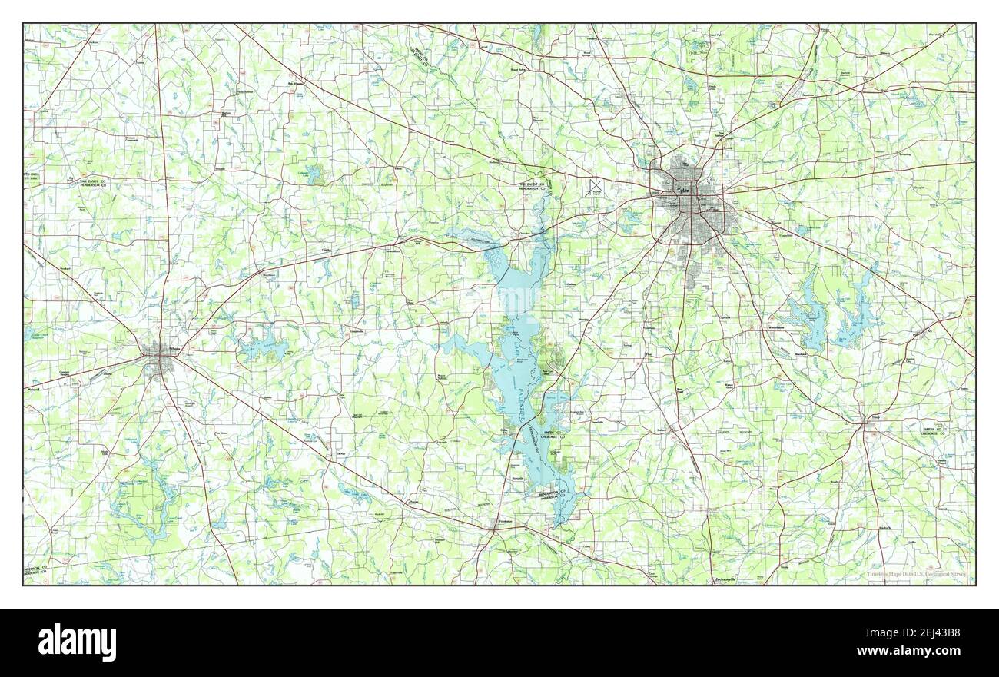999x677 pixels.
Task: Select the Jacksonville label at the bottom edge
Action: pyautogui.click(x=725, y=578)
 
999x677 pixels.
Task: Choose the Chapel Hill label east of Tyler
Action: pyautogui.click(x=782, y=236)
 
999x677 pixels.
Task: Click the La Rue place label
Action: pyautogui.click(x=341, y=454)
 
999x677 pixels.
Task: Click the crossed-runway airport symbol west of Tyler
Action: pyautogui.click(x=594, y=187)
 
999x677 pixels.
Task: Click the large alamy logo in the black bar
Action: pyautogui.click(x=77, y=642)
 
